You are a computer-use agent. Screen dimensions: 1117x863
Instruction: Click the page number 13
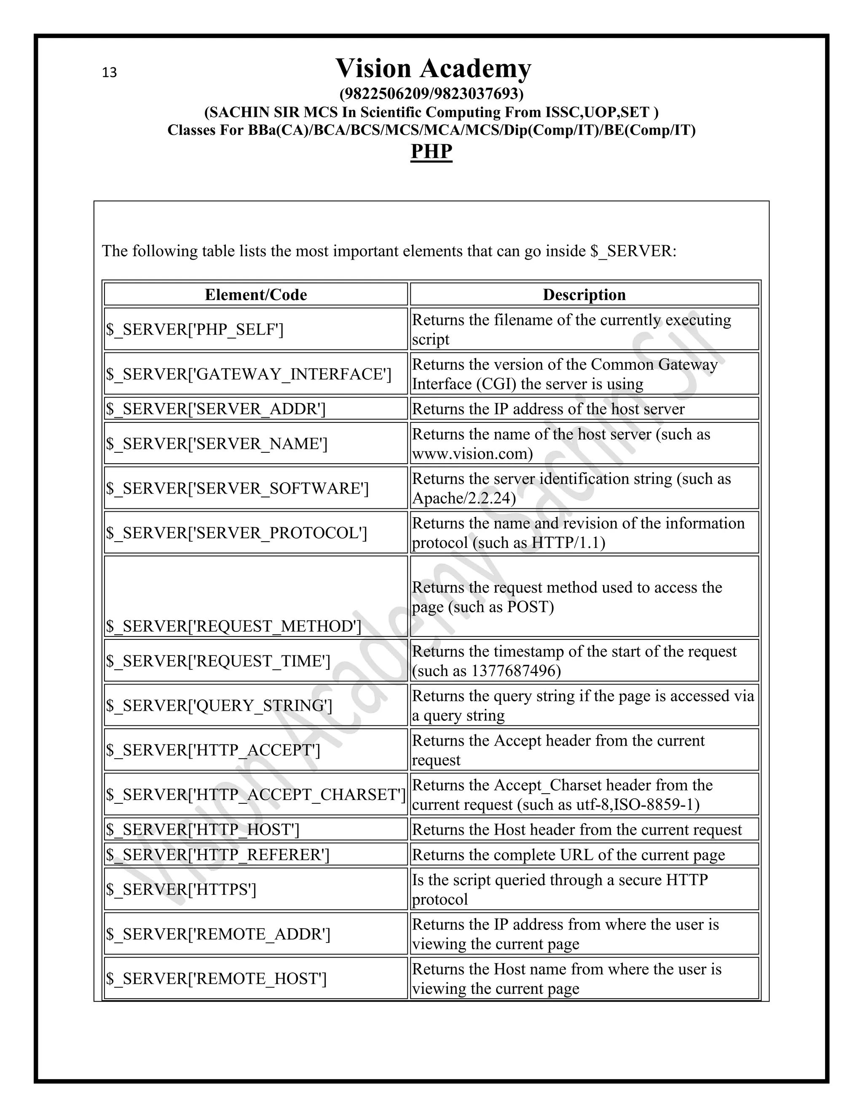pos(110,72)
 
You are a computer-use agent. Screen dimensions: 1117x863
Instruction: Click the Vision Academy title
pos(433,69)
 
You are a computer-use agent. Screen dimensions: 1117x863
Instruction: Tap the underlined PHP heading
pos(431,151)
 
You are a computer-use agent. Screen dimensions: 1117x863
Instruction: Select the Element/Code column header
pos(256,295)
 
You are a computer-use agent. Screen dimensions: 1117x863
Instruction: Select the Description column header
pos(584,295)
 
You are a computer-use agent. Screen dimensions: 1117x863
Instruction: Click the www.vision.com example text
pos(472,454)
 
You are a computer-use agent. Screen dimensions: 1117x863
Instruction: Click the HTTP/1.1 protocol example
pos(568,542)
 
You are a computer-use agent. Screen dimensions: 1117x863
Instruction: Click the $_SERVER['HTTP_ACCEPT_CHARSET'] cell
pos(256,794)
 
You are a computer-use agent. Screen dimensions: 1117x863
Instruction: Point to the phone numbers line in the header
pos(431,94)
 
